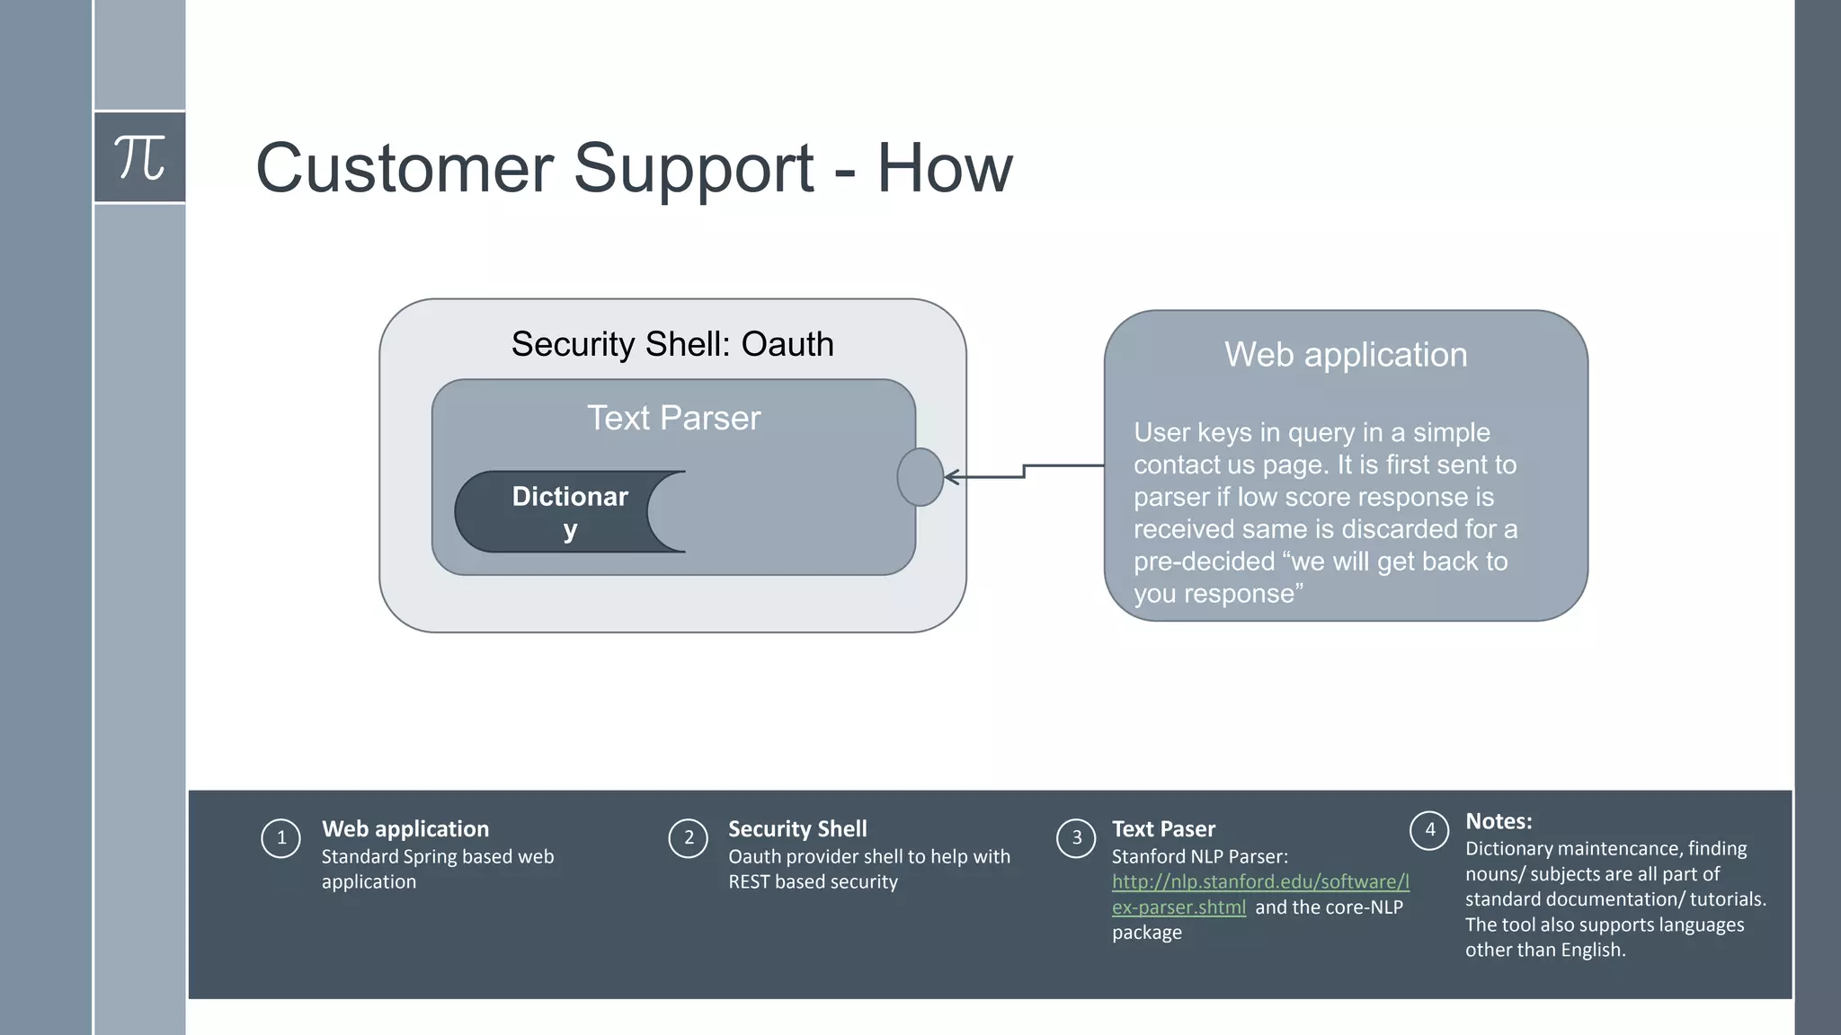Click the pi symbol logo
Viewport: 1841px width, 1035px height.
pos(139,157)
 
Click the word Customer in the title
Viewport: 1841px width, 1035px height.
pos(405,168)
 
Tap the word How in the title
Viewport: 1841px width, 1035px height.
pos(944,168)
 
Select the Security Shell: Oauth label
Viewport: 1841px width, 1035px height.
pos(672,344)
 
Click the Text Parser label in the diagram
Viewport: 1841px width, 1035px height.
pos(673,418)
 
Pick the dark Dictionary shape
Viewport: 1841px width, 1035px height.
pos(557,512)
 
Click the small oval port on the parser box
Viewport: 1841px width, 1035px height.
pos(920,477)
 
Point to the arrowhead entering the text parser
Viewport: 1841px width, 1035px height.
pos(951,477)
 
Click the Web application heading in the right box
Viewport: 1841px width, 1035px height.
pos(1345,355)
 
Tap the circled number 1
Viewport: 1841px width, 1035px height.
pos(280,838)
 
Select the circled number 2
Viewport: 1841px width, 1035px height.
pos(689,838)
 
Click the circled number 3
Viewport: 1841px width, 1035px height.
pos(1076,838)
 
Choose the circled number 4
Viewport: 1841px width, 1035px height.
pos(1429,830)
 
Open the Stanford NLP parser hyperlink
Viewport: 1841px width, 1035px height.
pos(1259,882)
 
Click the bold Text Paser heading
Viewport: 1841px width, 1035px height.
pos(1163,829)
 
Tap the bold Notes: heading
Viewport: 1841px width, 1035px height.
pos(1499,821)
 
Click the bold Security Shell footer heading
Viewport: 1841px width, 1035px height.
pos(797,829)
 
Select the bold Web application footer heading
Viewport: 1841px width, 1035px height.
pos(405,829)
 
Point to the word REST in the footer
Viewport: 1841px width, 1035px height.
pos(749,882)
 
